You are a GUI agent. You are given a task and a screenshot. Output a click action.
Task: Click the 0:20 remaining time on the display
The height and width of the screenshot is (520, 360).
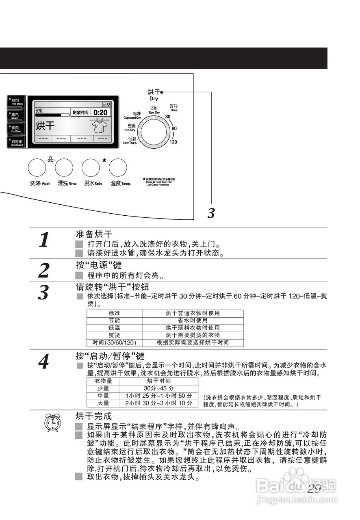click(x=100, y=113)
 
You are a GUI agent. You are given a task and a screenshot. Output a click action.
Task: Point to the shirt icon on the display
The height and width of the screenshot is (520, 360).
click(x=100, y=126)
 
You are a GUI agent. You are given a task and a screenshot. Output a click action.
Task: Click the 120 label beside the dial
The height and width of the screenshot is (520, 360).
click(x=173, y=142)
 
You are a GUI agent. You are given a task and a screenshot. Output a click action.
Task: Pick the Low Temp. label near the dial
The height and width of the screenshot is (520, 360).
click(x=130, y=141)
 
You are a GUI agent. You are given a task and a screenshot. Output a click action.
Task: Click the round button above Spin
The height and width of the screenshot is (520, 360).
click(x=91, y=167)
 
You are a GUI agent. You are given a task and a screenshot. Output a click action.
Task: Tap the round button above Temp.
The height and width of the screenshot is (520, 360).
click(x=118, y=167)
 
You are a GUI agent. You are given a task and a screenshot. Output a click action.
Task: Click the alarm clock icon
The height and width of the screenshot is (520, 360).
click(x=52, y=423)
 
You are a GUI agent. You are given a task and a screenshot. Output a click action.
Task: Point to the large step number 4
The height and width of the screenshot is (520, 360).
click(x=44, y=361)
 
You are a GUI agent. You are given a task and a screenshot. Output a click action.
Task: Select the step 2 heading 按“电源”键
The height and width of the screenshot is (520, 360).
click(x=98, y=265)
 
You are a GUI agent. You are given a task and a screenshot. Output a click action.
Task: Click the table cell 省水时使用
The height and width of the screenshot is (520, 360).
click(x=193, y=320)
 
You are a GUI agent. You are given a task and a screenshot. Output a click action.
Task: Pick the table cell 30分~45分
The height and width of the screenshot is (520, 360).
click(x=158, y=388)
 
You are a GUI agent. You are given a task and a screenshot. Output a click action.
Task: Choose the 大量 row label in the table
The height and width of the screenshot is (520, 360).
click(x=103, y=403)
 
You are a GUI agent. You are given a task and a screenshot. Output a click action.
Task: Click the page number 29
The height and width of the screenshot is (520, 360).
click(x=314, y=488)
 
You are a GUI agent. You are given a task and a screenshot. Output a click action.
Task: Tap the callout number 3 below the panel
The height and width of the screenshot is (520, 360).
click(x=211, y=213)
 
